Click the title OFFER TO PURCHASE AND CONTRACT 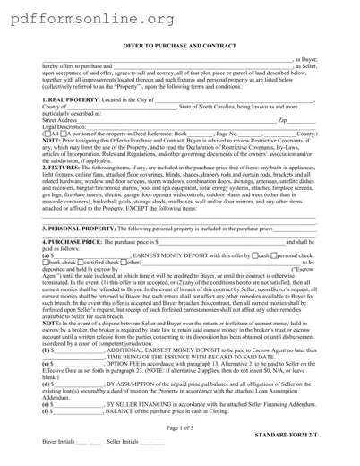pos(179,44)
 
